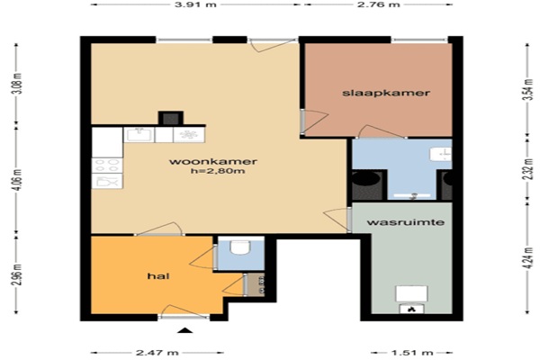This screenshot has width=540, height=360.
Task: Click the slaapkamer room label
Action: click(x=386, y=93)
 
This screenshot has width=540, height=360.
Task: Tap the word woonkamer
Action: click(x=213, y=161)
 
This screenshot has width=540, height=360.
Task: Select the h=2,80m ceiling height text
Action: click(x=218, y=171)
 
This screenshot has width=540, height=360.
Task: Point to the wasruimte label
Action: click(x=406, y=222)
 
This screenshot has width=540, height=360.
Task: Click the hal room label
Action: click(x=158, y=276)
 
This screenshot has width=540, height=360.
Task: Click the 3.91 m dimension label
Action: click(x=195, y=4)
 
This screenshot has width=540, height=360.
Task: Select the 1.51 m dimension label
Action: click(x=412, y=353)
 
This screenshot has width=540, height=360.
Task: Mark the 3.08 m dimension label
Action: click(x=17, y=84)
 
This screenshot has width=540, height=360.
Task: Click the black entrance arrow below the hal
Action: click(x=185, y=330)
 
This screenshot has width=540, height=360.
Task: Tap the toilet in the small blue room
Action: click(x=239, y=247)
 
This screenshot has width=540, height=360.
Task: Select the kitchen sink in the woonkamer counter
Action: click(x=139, y=134)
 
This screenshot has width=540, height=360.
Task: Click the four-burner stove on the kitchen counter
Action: click(x=107, y=166)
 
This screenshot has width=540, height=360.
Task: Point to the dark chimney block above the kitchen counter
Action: click(x=171, y=118)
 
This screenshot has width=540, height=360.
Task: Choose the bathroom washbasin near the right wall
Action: click(x=441, y=153)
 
